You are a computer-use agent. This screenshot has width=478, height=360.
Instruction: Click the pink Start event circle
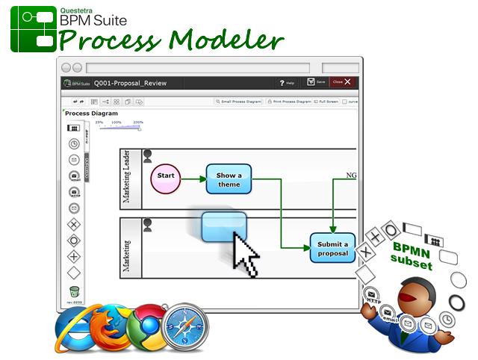click(166, 178)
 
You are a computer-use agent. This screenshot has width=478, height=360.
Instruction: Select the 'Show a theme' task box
click(229, 179)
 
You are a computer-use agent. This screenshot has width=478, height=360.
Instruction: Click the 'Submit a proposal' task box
click(332, 248)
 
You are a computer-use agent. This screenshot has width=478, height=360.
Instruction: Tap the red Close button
click(341, 82)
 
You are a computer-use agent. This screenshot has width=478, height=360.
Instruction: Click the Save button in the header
click(317, 82)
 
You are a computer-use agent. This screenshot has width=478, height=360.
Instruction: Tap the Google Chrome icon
click(147, 327)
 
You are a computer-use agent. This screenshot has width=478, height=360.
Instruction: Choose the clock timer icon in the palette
click(74, 143)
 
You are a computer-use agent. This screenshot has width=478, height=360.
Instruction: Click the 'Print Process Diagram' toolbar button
click(288, 101)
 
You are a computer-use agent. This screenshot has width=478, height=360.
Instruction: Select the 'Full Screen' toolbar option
click(326, 101)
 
